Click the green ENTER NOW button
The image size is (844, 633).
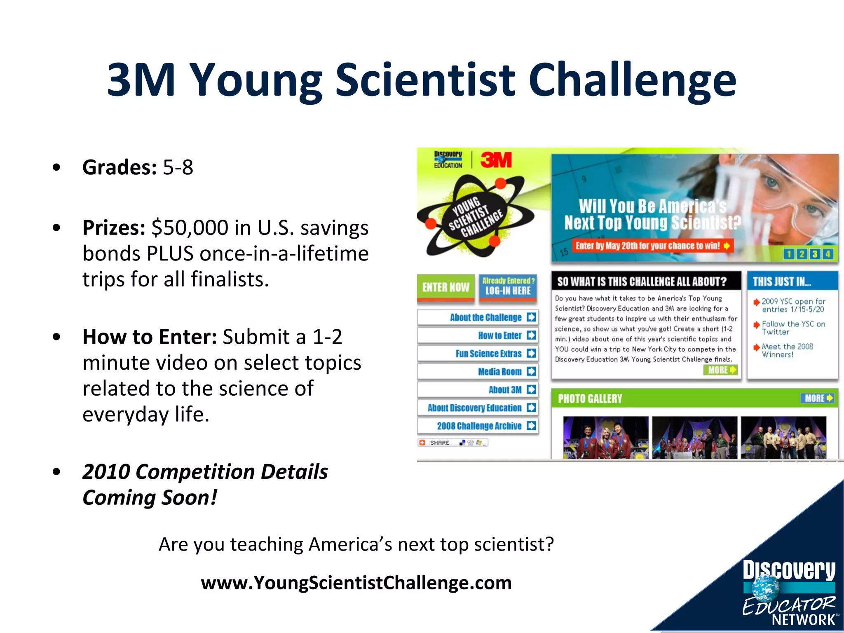445,287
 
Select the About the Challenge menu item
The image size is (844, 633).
478,317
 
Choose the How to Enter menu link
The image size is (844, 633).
478,335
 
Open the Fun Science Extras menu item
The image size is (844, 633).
478,354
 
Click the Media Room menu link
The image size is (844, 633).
478,372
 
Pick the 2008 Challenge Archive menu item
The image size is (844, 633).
478,426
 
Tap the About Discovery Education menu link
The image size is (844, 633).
478,408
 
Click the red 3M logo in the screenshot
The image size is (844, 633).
496,160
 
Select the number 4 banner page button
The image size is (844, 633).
828,254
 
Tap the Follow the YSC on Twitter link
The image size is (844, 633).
793,328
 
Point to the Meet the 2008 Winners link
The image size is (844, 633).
787,350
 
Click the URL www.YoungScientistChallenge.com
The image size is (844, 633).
356,583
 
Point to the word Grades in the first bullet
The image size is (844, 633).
119,167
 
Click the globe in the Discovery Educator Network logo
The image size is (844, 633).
766,587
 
